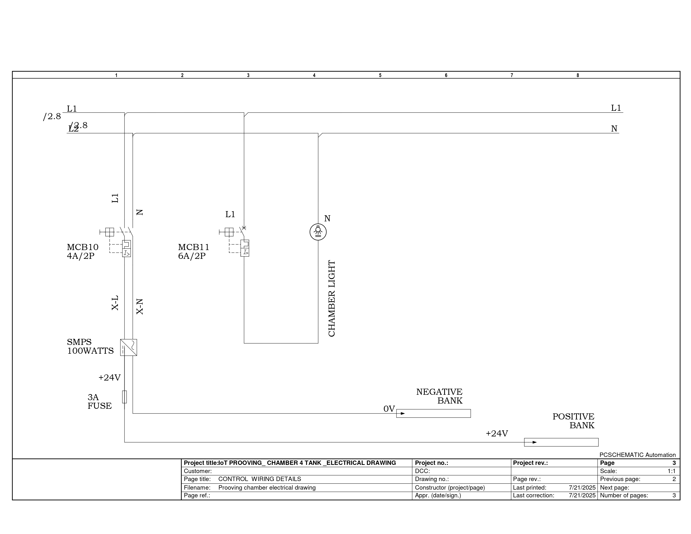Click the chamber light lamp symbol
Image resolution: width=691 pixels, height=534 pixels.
point(318,232)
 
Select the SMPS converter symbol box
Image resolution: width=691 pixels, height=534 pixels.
point(128,347)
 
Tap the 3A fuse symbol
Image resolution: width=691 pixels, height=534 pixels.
point(124,397)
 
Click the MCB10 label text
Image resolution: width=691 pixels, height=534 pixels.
point(83,247)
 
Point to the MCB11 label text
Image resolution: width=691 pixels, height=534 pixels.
point(194,247)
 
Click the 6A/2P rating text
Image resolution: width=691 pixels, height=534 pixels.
point(192,256)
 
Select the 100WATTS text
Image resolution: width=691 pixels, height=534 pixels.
point(90,351)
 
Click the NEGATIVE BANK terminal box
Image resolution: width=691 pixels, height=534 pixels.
point(433,413)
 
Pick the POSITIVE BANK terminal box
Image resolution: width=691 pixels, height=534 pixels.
point(561,442)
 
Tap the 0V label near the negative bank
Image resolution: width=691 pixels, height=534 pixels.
point(389,409)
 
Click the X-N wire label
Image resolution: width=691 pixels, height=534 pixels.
point(139,307)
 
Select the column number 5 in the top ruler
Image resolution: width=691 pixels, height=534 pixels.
point(380,75)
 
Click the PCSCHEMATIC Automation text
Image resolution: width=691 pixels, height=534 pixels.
point(638,455)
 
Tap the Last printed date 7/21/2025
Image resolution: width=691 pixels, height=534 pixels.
point(582,488)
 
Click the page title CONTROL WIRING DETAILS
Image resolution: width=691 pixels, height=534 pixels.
point(260,479)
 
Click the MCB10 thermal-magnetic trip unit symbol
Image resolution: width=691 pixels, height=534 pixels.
point(126,248)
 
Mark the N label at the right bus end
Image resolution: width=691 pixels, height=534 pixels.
point(614,129)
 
